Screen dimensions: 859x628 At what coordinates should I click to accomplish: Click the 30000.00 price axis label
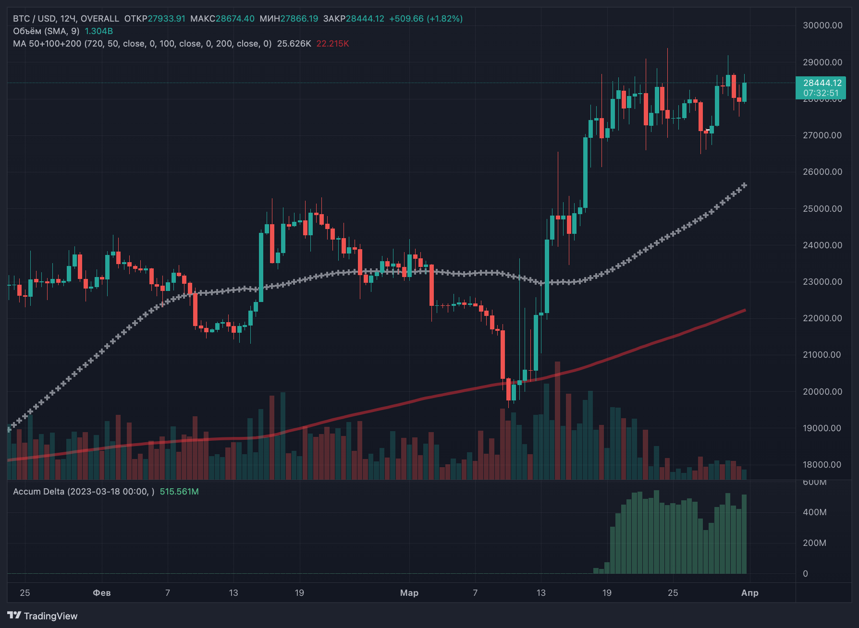pos(822,25)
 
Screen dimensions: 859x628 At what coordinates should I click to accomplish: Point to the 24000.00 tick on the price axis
pos(822,245)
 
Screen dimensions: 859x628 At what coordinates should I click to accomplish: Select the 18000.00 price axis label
pos(822,465)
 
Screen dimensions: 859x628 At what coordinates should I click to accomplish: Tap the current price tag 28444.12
pos(822,83)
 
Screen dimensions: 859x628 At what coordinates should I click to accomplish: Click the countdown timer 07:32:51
pos(821,93)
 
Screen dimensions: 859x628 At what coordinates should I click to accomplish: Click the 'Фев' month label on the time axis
pos(102,593)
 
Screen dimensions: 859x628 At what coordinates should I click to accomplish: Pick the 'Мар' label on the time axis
pos(409,593)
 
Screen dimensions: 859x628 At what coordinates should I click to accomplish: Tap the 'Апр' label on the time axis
pos(750,593)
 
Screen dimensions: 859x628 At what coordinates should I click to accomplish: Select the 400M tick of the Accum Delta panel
pos(815,512)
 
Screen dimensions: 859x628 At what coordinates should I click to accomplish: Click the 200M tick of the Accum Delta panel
pos(815,543)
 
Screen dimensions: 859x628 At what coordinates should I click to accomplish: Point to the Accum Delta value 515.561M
pos(179,492)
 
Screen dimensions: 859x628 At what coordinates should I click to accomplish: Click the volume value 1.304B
pos(99,31)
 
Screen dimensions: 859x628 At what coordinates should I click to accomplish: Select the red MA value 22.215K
pos(333,44)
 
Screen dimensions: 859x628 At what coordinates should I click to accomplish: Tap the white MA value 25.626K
pos(294,44)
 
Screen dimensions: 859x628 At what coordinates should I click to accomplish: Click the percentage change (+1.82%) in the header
pos(445,19)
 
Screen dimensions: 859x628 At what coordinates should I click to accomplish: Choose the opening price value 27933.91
pos(166,19)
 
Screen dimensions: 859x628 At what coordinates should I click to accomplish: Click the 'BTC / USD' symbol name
pos(34,19)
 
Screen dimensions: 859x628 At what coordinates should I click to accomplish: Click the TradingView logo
pos(42,616)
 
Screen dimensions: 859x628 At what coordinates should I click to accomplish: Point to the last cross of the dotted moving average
pos(745,185)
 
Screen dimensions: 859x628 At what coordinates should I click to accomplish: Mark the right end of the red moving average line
pos(745,310)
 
